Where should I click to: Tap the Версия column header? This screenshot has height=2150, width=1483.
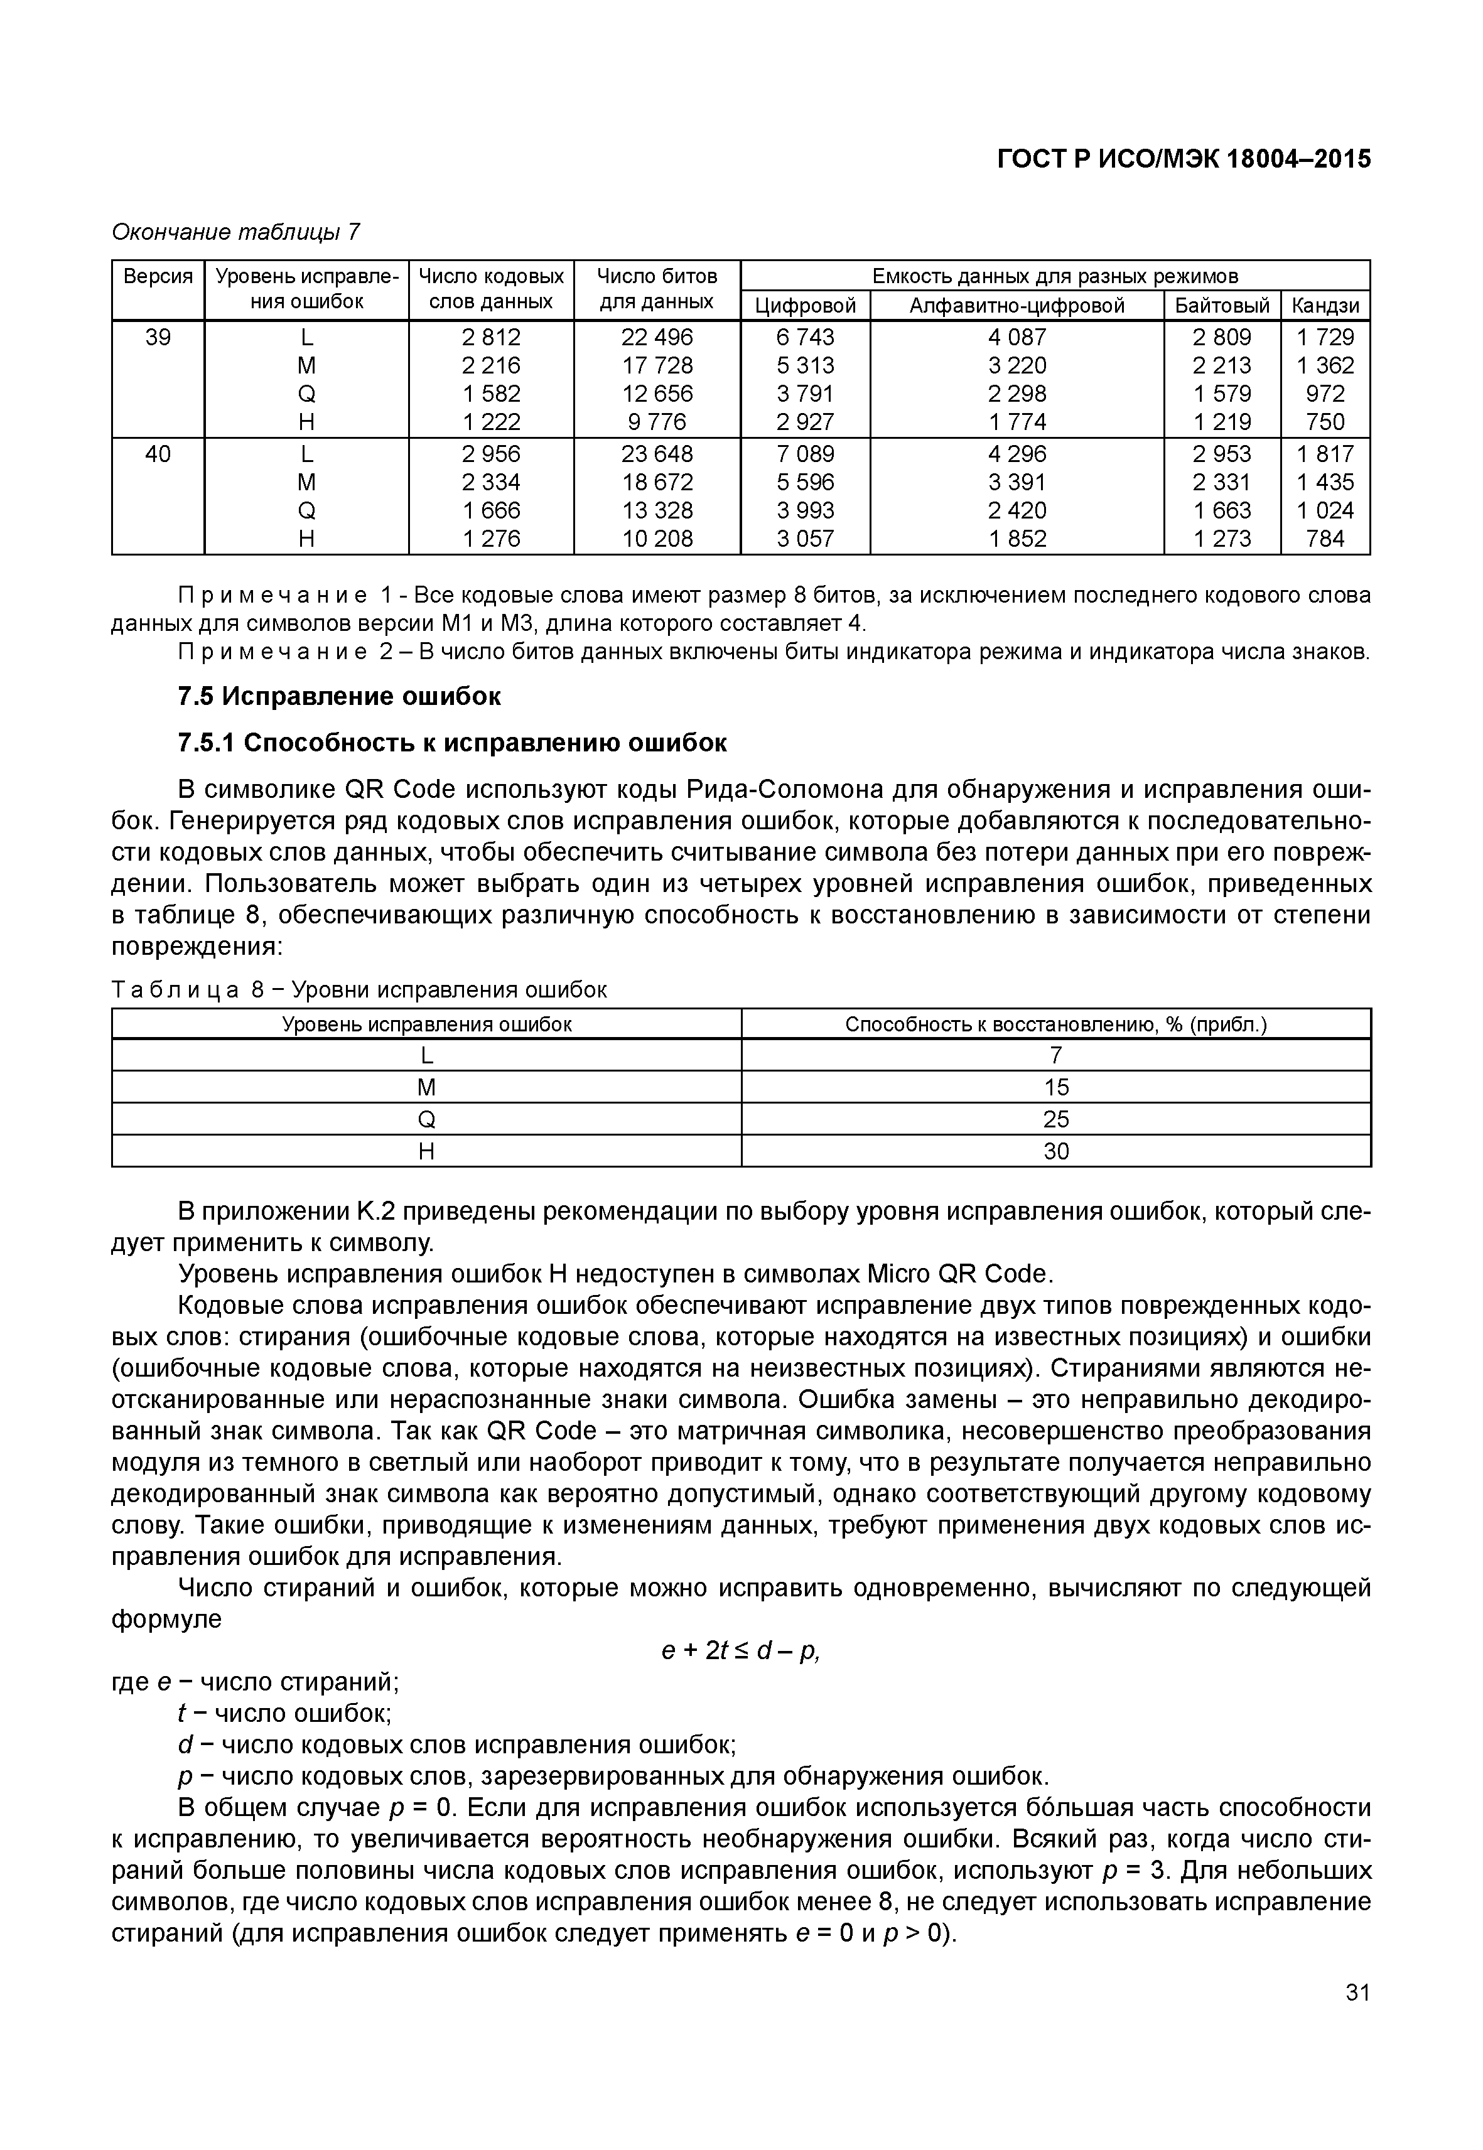pos(158,277)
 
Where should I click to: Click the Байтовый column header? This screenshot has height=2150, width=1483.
pos(1221,306)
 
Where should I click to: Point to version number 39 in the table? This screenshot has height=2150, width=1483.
pos(158,337)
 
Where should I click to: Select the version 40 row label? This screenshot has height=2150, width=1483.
pos(158,454)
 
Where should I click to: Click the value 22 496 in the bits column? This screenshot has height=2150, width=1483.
pos(657,337)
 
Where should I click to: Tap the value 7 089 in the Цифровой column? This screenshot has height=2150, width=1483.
pos(805,454)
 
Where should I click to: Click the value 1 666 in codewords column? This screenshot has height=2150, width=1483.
pos(492,511)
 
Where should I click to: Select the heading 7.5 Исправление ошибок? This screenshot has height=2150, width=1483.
pos(339,696)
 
